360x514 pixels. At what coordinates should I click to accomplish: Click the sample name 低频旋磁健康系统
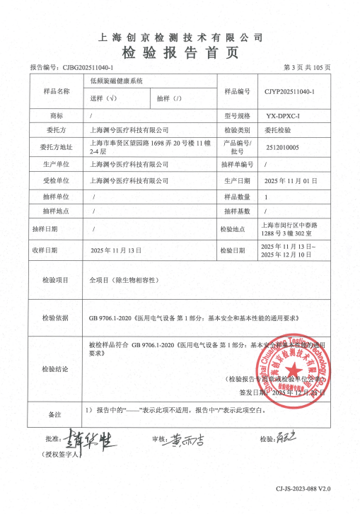click(x=117, y=82)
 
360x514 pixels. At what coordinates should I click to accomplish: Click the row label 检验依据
click(x=55, y=317)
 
